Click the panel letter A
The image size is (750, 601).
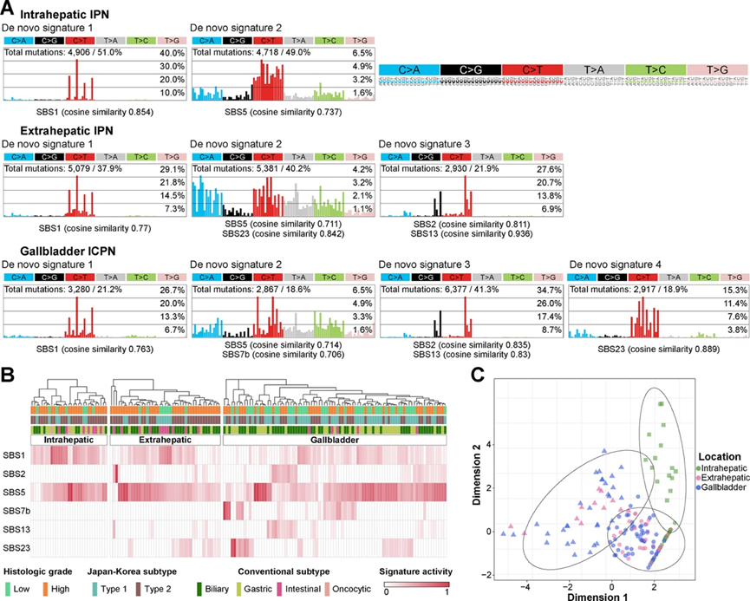click(6, 8)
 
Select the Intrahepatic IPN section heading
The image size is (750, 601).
click(66, 16)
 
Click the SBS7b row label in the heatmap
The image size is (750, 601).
click(16, 510)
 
